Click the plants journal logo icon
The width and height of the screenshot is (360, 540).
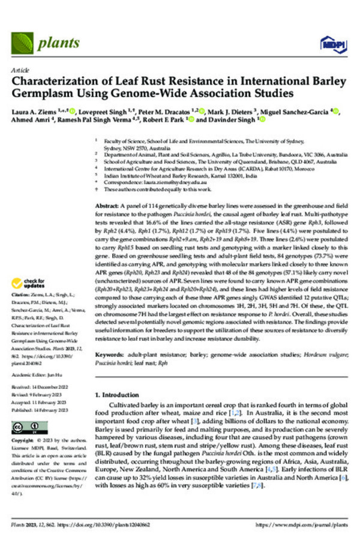[23, 43]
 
